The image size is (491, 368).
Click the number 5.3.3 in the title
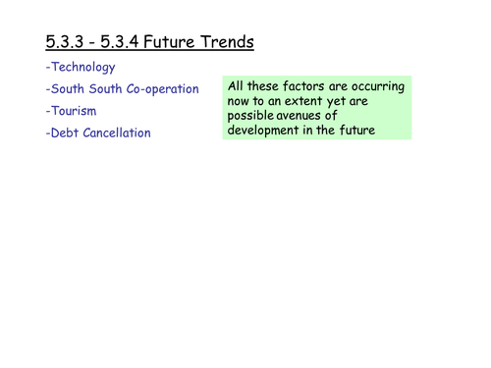coord(65,42)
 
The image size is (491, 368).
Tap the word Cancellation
coord(125,132)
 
